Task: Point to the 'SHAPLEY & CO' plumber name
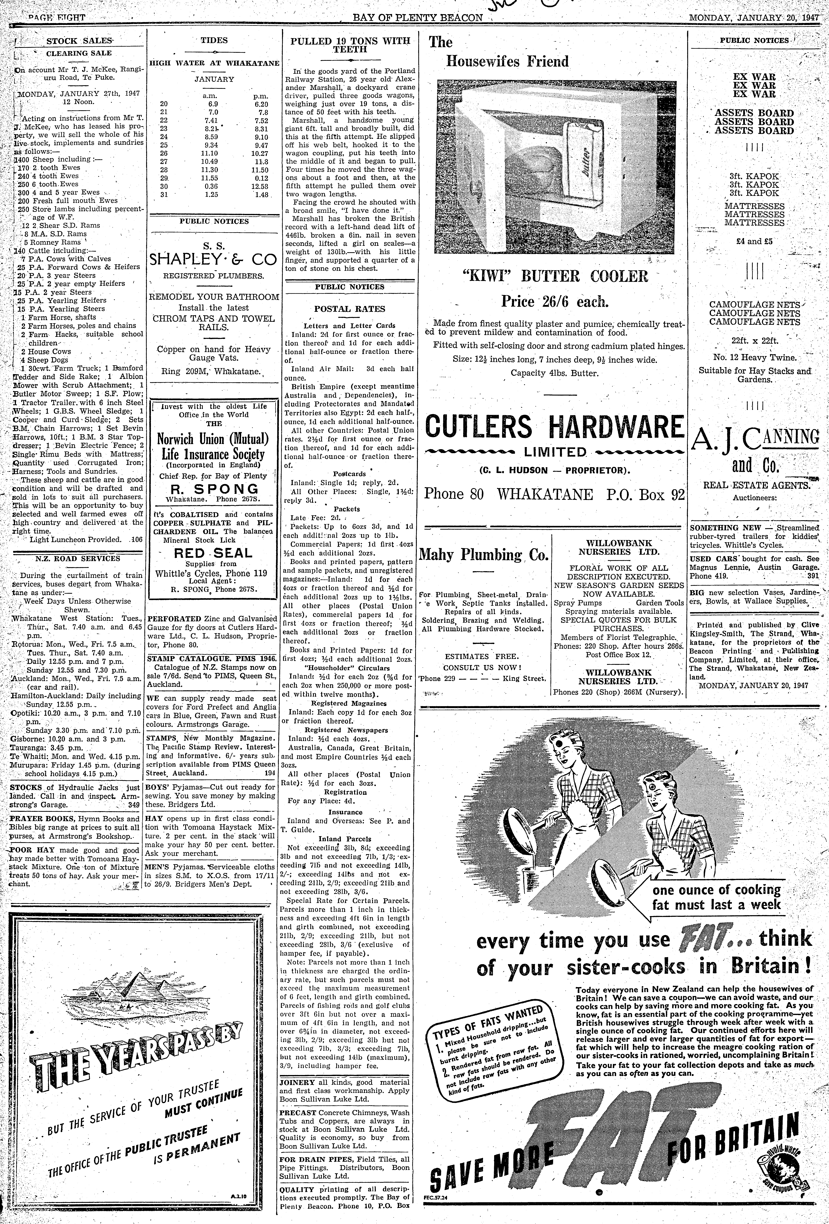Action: click(x=213, y=260)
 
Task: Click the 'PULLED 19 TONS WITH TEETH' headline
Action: click(x=350, y=45)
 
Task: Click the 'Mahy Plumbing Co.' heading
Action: click(x=484, y=555)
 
